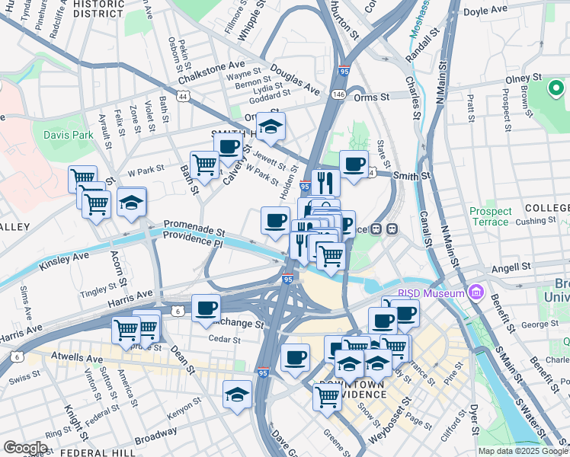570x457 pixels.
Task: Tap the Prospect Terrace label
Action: point(490,216)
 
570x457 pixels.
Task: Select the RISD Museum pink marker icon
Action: point(477,292)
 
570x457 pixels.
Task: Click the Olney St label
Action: point(525,78)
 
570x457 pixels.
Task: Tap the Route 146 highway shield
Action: point(338,94)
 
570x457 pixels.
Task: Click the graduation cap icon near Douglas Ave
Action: point(270,128)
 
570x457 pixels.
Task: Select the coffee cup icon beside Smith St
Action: point(354,164)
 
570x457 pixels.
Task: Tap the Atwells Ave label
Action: point(76,356)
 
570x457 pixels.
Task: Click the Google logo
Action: point(25,447)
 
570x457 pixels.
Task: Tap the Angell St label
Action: point(511,267)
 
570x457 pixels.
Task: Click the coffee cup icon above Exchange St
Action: point(206,308)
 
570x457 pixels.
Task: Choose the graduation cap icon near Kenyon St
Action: point(238,395)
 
